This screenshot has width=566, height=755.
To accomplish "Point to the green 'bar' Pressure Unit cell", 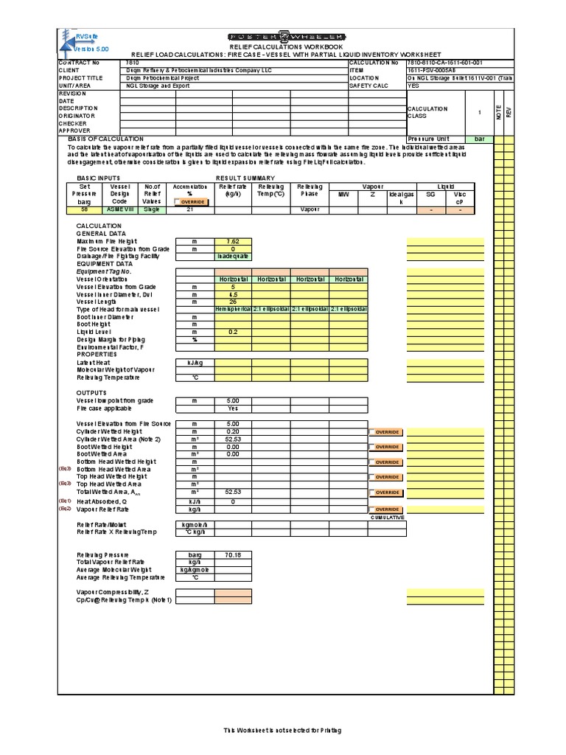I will click(480, 139).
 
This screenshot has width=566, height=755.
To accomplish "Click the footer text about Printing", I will click(283, 730).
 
